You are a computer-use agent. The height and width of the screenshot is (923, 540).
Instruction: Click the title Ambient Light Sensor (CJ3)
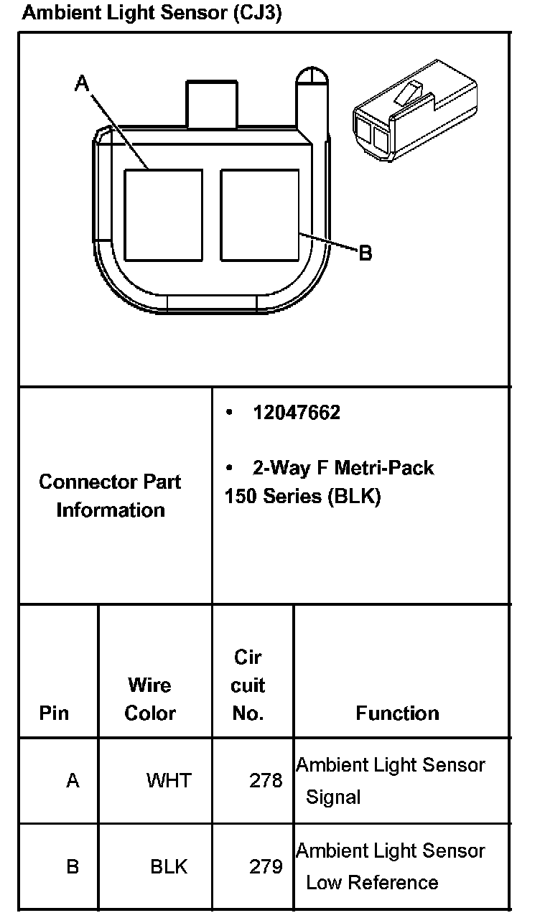pyautogui.click(x=152, y=14)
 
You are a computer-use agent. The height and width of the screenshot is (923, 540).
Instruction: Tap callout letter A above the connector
pyautogui.click(x=83, y=85)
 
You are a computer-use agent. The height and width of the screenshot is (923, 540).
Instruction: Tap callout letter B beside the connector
pyautogui.click(x=365, y=253)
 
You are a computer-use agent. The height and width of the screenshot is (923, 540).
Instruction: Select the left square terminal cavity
pyautogui.click(x=163, y=215)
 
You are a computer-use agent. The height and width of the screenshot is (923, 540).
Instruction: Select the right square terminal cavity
pyautogui.click(x=259, y=215)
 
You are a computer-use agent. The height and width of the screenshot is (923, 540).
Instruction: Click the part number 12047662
pyautogui.click(x=296, y=413)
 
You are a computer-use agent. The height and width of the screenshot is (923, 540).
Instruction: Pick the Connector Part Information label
pyautogui.click(x=111, y=495)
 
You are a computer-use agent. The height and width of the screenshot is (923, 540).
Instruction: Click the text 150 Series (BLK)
pyautogui.click(x=302, y=496)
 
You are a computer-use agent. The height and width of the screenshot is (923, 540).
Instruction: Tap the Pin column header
pyautogui.click(x=55, y=713)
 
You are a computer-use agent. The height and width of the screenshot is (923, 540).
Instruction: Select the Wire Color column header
pyautogui.click(x=150, y=698)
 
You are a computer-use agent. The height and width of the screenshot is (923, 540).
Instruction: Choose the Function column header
pyautogui.click(x=397, y=713)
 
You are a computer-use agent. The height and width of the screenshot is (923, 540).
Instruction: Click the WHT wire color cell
pyautogui.click(x=169, y=780)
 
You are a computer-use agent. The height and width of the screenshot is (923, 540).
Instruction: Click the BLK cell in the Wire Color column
pyautogui.click(x=169, y=866)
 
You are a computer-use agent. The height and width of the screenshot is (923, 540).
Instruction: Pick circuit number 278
pyautogui.click(x=266, y=780)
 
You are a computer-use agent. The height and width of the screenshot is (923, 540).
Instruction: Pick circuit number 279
pyautogui.click(x=266, y=866)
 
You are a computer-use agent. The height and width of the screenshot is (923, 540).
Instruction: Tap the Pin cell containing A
pyautogui.click(x=73, y=780)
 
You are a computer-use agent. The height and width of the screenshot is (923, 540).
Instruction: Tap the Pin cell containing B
pyautogui.click(x=73, y=866)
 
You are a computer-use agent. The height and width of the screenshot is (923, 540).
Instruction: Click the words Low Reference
pyautogui.click(x=372, y=882)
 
